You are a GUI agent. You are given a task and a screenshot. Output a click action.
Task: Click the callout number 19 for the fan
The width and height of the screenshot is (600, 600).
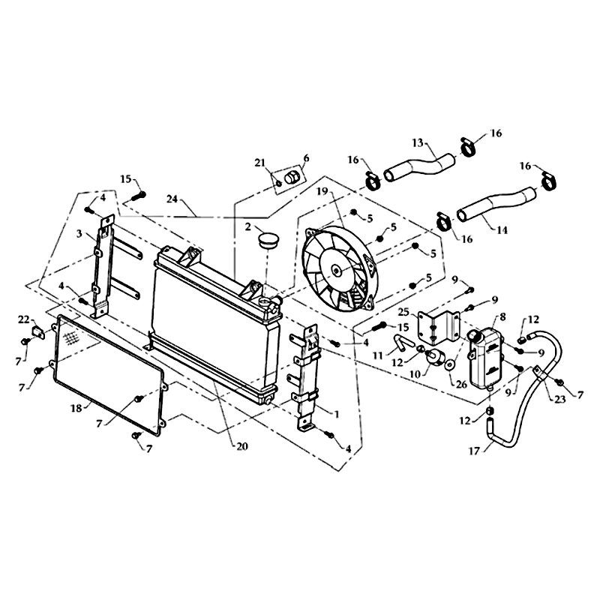point(322,190)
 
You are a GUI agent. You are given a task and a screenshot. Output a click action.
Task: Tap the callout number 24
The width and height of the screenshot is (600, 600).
point(172,199)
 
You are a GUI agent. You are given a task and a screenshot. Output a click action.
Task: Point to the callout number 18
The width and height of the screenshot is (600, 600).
point(76,408)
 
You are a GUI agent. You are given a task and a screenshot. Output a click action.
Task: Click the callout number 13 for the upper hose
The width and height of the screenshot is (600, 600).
point(418,143)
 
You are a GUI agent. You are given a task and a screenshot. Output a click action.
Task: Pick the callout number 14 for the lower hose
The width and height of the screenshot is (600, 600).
point(502,230)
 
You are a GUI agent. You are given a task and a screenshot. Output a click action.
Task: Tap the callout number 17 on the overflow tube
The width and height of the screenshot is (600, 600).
point(474,451)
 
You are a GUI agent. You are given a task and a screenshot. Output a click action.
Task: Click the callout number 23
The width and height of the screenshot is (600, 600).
point(559,399)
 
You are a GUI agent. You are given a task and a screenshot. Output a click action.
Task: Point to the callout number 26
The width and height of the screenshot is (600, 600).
point(462,384)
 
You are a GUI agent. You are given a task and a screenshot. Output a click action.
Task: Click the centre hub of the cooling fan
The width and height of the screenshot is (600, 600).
point(335,271)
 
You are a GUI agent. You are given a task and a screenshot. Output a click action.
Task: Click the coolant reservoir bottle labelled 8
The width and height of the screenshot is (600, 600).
point(485,358)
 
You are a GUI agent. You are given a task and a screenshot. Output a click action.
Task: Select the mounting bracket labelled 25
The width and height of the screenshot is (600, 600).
point(438,328)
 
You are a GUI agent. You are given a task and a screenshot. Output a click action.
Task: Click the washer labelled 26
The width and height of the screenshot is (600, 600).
point(449,364)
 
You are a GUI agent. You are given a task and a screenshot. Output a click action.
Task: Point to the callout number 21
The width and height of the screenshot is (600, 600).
point(259,163)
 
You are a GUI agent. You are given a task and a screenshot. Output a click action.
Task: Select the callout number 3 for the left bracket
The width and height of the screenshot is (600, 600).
point(79,233)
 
